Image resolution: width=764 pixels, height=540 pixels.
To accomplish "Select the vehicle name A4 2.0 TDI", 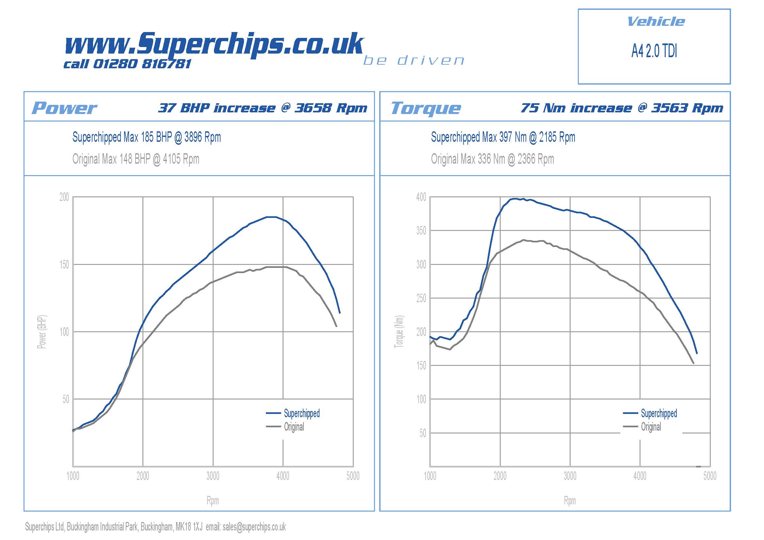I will (654, 51).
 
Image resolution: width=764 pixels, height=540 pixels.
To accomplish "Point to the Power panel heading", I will (64, 108).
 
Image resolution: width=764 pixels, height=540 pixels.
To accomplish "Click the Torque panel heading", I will (426, 108).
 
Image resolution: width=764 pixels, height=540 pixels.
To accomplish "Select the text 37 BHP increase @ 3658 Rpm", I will (263, 108).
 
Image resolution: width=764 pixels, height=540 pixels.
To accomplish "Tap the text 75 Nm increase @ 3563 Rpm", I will (622, 108).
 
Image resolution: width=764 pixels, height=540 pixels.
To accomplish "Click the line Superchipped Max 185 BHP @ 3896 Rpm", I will (146, 137).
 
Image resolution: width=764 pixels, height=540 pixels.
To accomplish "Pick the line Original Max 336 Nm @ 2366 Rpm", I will (492, 159).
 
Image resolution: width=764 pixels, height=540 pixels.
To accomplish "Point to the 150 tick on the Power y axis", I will (64, 265).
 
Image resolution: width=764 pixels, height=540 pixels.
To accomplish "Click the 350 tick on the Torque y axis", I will (421, 231).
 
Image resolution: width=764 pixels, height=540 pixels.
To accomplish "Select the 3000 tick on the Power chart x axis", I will (213, 476).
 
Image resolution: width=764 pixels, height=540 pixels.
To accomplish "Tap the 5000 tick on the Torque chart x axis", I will (709, 476).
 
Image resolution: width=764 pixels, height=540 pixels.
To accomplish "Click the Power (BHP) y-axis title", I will (42, 332).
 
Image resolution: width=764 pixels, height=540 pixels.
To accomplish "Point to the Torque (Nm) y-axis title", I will (399, 332).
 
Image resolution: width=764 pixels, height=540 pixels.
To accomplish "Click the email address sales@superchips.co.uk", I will (254, 527).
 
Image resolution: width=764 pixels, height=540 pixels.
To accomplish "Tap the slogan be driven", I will (414, 60).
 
